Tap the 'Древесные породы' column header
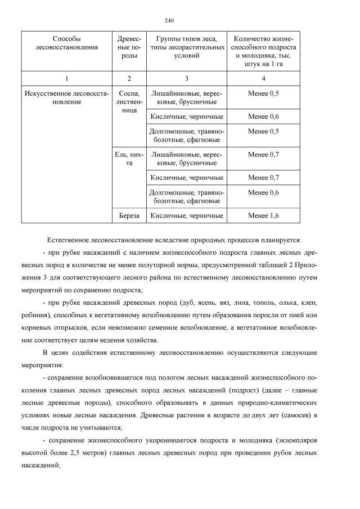(129, 48)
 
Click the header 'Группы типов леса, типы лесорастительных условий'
(186, 48)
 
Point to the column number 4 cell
(263, 78)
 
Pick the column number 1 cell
(66, 78)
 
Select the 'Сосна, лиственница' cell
(129, 102)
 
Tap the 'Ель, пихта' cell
(129, 159)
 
